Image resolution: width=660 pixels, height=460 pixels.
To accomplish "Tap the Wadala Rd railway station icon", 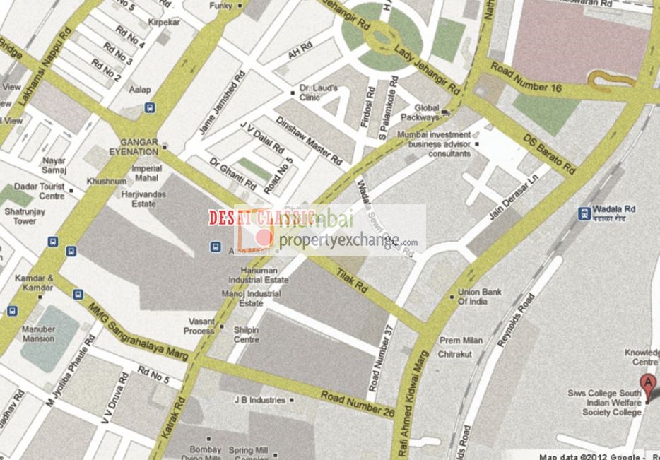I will coord(584,213).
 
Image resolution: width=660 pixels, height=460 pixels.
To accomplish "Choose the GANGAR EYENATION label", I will coord(139,146).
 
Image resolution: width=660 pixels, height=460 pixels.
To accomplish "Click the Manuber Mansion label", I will coord(37,334).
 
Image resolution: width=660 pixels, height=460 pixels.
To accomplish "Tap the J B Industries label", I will coord(259,400).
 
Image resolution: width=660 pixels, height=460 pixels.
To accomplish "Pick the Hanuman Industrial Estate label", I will coord(263,275).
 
